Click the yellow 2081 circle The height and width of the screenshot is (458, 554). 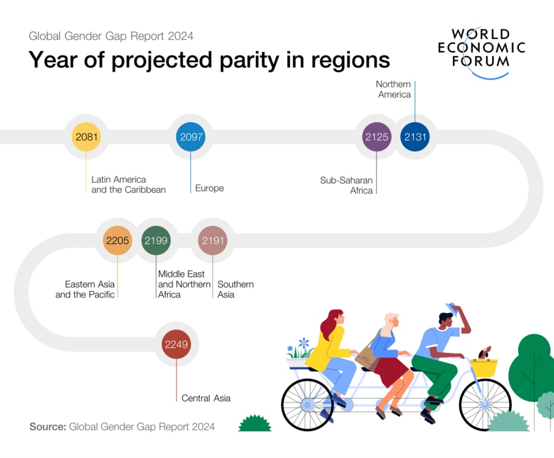[86, 137]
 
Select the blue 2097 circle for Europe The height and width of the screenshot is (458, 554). [190, 137]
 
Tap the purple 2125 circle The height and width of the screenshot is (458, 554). [376, 137]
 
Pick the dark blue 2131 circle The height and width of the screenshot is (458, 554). [415, 137]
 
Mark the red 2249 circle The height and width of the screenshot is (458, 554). [176, 344]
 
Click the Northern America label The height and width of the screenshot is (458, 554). [393, 89]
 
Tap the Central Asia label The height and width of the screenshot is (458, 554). [205, 398]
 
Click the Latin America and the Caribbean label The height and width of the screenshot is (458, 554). [128, 185]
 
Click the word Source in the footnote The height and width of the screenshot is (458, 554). [48, 427]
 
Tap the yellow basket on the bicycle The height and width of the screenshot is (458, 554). [484, 367]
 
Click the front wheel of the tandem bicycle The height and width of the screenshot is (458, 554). [485, 405]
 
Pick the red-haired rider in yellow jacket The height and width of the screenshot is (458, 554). [334, 346]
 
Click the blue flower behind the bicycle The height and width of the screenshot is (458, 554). [304, 343]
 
